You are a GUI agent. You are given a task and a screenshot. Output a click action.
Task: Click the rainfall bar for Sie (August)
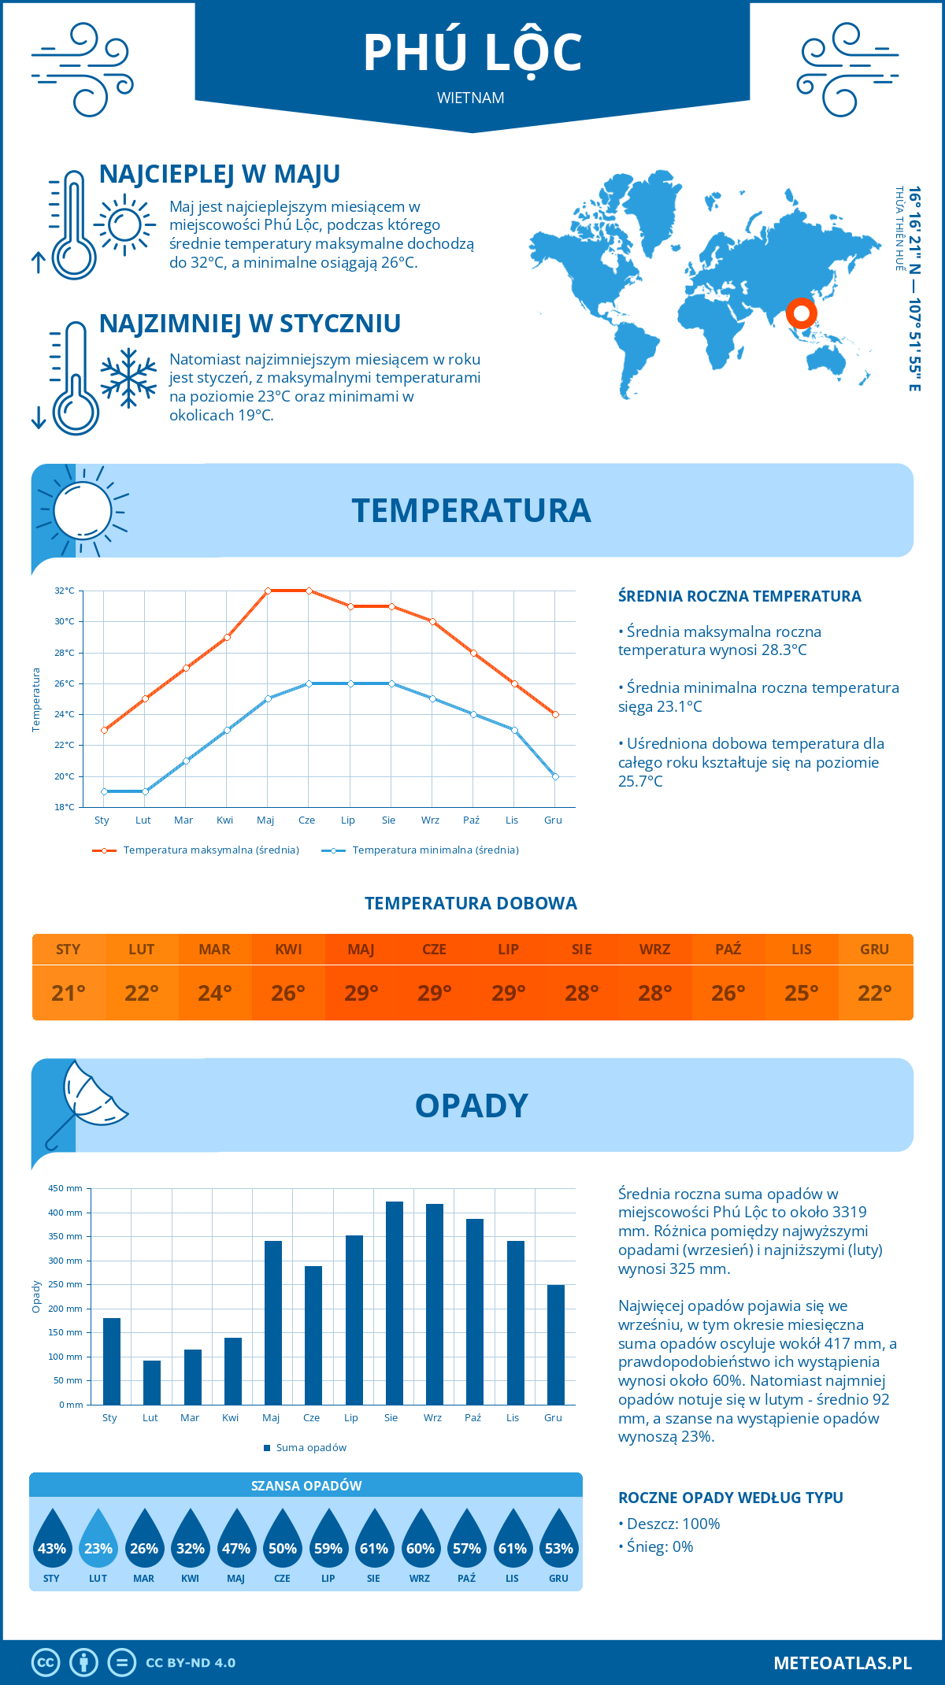[x=394, y=1303]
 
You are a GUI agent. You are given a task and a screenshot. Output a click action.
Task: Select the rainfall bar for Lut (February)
[x=152, y=1383]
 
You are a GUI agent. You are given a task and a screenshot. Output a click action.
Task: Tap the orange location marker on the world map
[x=801, y=313]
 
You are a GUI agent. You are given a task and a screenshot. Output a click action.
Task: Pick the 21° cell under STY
[x=69, y=993]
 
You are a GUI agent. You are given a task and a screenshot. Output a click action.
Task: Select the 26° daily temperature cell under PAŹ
[x=728, y=993]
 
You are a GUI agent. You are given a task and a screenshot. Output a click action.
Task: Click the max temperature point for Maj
[x=268, y=591]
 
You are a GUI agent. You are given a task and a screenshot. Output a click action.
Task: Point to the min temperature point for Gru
[x=555, y=776]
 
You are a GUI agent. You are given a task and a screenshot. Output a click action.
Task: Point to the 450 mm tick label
[x=66, y=1188]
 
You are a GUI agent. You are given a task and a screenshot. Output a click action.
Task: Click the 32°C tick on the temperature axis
[x=65, y=591]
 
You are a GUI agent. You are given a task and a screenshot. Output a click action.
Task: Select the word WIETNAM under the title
[x=471, y=98]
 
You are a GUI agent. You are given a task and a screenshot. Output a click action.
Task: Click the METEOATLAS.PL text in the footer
[x=843, y=1663]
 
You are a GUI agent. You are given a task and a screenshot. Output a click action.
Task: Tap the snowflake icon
[x=128, y=378]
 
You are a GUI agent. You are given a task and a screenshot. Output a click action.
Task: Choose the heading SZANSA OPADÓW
[x=306, y=1486]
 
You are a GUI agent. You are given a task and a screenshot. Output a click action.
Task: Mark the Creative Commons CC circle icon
[x=46, y=1663]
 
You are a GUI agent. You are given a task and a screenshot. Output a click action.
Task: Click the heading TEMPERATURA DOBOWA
[x=471, y=904]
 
